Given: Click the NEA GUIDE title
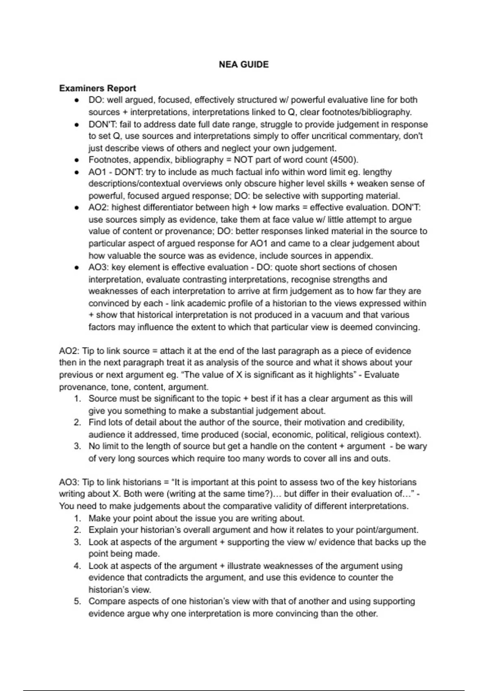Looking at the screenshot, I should tap(244, 65).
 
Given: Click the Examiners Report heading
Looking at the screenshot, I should tap(97, 88).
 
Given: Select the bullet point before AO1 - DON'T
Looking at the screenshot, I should tap(76, 172).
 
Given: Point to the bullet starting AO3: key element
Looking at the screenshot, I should tap(76, 268).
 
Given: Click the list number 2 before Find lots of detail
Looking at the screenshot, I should tap(78, 422).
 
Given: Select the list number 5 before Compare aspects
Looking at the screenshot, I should tap(78, 601).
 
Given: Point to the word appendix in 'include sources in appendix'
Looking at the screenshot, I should tap(357, 256).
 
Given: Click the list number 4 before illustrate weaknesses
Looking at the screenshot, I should tap(78, 566).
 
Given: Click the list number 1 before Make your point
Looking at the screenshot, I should tap(78, 518).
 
